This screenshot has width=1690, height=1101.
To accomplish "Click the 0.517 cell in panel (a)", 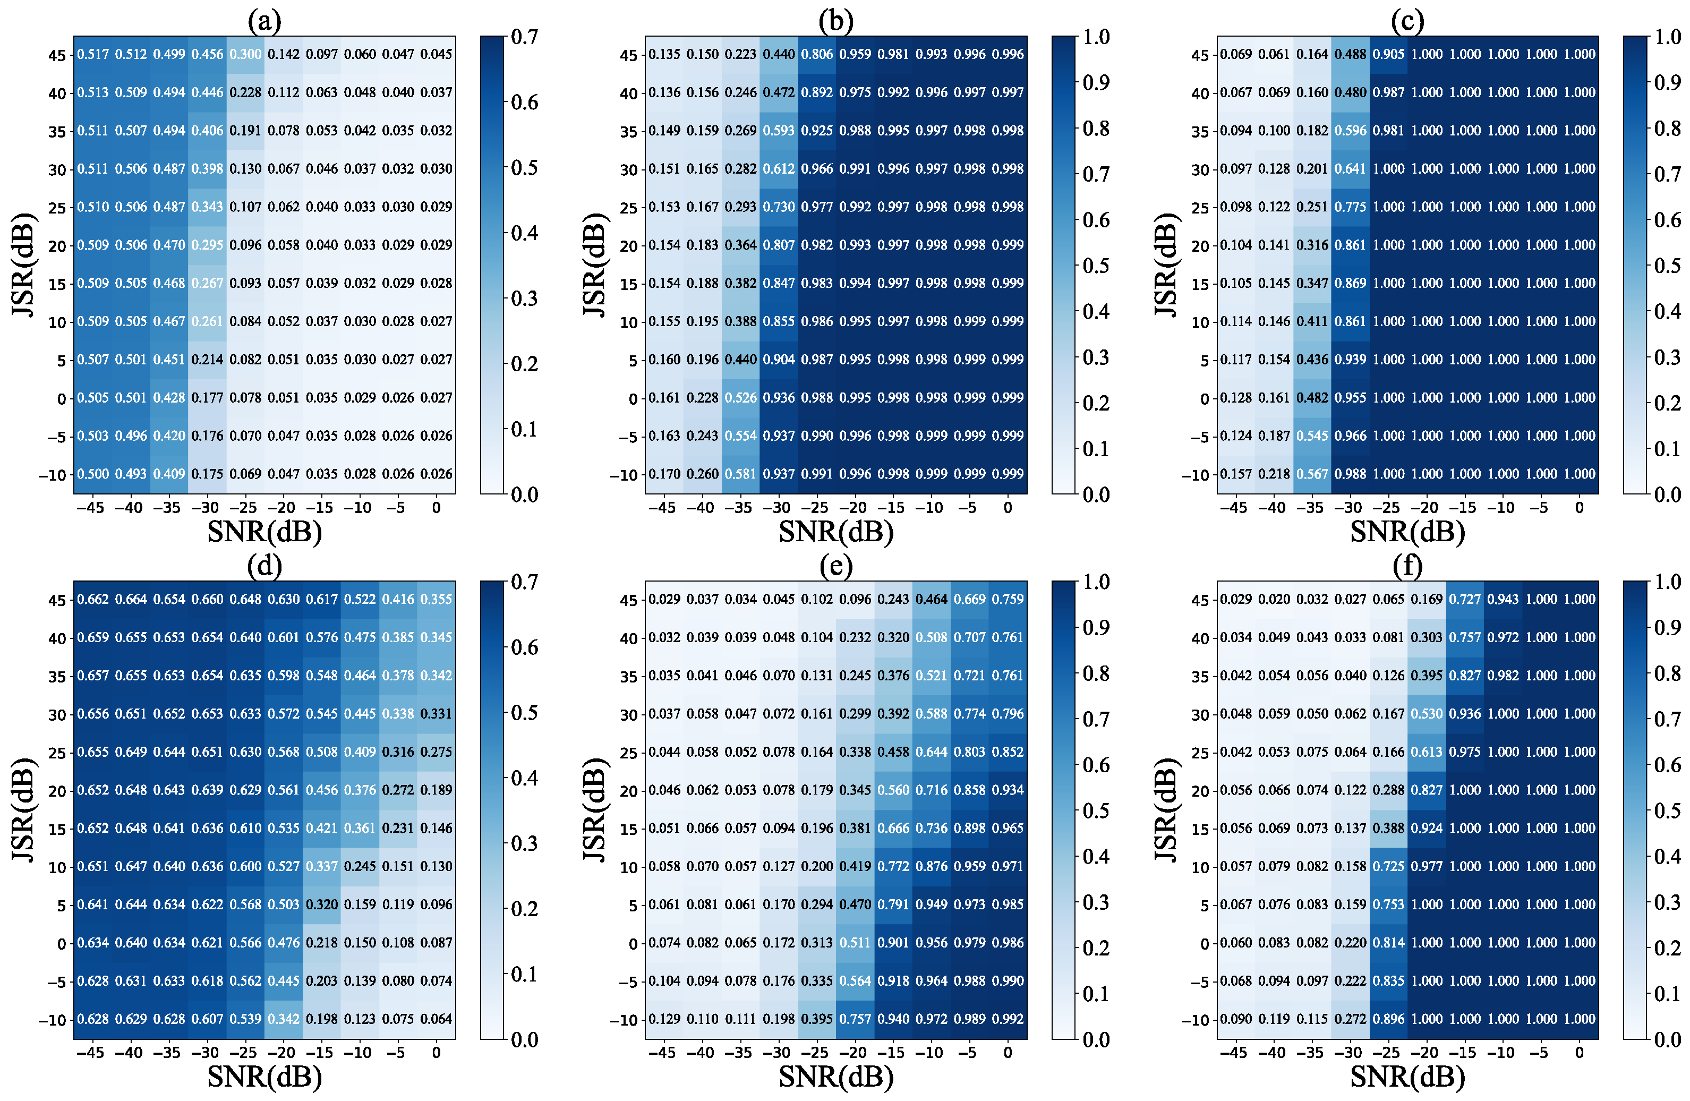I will (93, 55).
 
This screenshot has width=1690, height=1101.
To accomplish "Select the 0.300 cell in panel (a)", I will (246, 55).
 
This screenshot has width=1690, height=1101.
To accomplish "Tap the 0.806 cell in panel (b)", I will (817, 55).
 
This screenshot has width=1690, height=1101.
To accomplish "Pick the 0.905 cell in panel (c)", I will (1389, 55).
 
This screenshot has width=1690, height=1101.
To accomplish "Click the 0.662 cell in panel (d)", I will (93, 600).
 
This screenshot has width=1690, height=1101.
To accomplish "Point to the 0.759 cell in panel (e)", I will (1009, 600).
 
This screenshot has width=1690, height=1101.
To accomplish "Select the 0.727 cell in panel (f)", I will (1465, 600).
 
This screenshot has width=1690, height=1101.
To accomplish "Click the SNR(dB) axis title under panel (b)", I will (836, 532).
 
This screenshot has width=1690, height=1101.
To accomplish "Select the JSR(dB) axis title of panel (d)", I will (23, 810).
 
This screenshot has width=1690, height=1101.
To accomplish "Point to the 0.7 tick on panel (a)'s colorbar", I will (525, 37).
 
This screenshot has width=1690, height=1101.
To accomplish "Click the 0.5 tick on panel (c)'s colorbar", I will (1667, 266).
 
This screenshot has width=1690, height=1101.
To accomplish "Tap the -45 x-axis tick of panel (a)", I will (90, 508).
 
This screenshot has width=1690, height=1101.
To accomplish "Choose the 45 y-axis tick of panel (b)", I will (628, 55).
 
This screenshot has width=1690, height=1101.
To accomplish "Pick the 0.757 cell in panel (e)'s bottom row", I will (856, 1019).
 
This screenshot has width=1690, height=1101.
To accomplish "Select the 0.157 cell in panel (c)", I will (1236, 474).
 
